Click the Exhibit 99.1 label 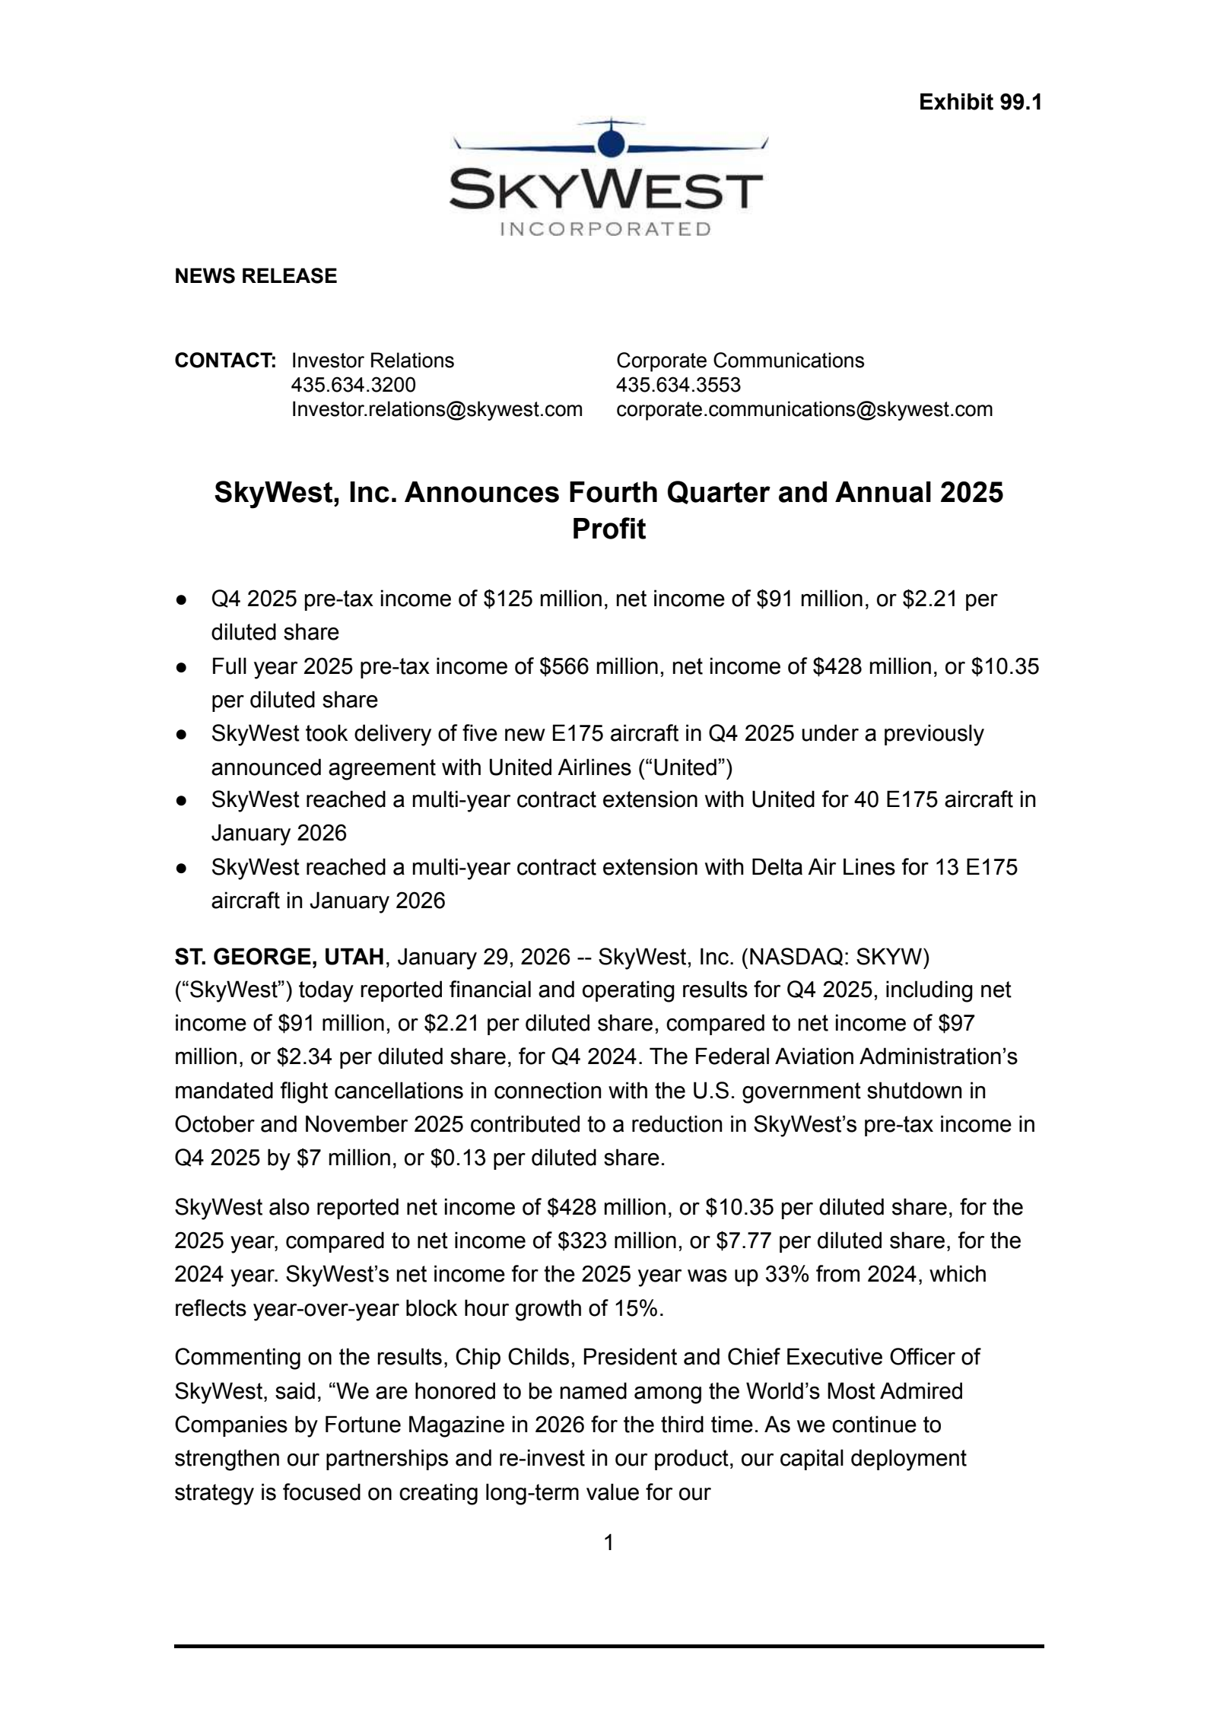[x=980, y=102]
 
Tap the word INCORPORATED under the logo [x=605, y=229]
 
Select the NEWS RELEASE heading [x=256, y=276]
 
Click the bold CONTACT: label [x=225, y=361]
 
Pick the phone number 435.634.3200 [x=354, y=385]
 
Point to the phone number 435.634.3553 [x=678, y=385]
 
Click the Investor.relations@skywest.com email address [x=437, y=409]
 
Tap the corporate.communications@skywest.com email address [x=804, y=409]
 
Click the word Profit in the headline [x=608, y=529]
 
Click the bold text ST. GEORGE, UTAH [x=279, y=957]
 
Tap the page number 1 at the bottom [x=608, y=1542]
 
